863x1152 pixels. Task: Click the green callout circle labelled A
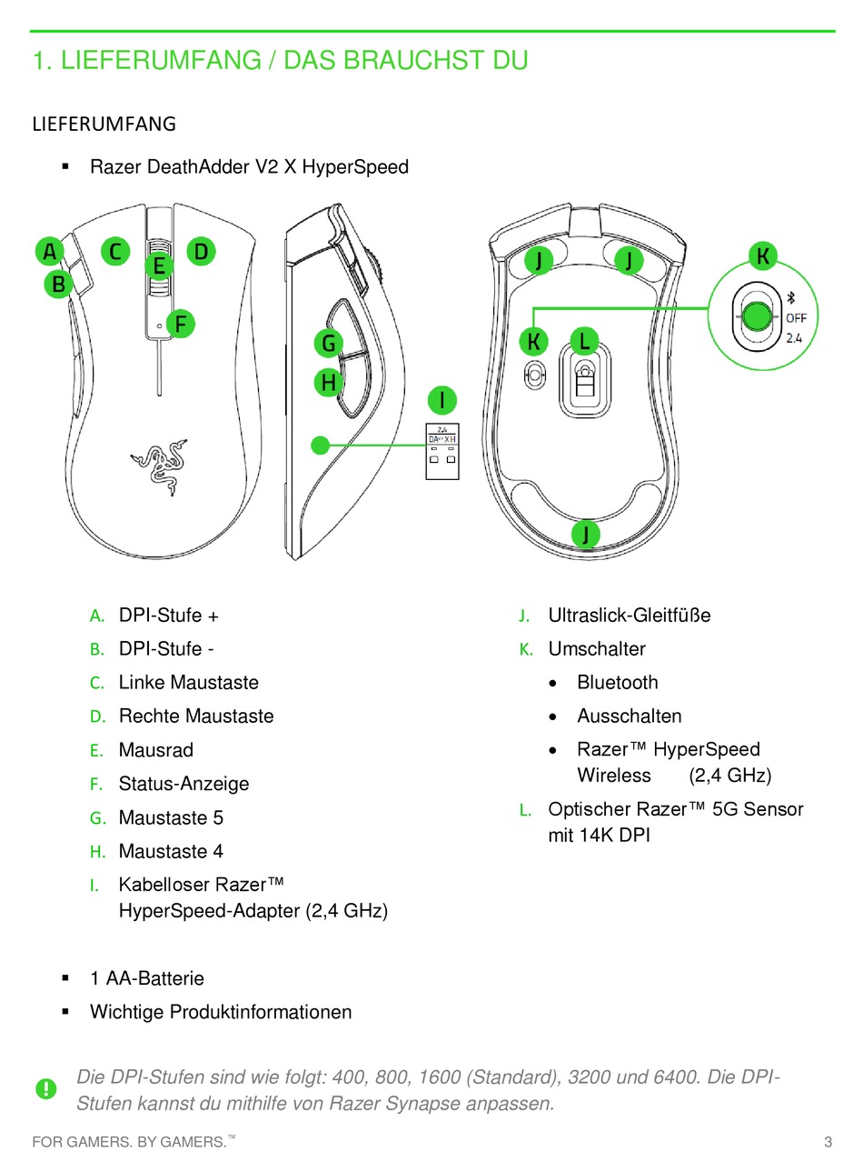coord(50,251)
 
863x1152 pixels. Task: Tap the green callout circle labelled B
coord(58,284)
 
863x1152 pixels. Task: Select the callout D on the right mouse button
coord(201,251)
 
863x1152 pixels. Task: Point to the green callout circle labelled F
coord(181,324)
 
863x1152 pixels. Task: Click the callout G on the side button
coord(329,344)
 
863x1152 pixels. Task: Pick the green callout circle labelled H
coord(329,383)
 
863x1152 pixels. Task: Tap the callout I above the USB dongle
coord(442,400)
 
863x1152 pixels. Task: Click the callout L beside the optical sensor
coord(584,342)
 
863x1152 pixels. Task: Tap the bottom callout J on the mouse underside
coord(586,533)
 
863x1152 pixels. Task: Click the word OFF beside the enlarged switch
coord(796,318)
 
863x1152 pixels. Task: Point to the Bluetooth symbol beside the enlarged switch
coord(790,297)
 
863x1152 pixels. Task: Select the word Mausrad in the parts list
coord(155,750)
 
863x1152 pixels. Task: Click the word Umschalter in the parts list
coord(597,649)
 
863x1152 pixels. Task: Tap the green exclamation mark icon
coord(45,1088)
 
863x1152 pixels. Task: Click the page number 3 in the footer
coord(828,1142)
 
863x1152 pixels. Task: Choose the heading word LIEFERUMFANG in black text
coord(104,124)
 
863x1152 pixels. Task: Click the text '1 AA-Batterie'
coord(147,979)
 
